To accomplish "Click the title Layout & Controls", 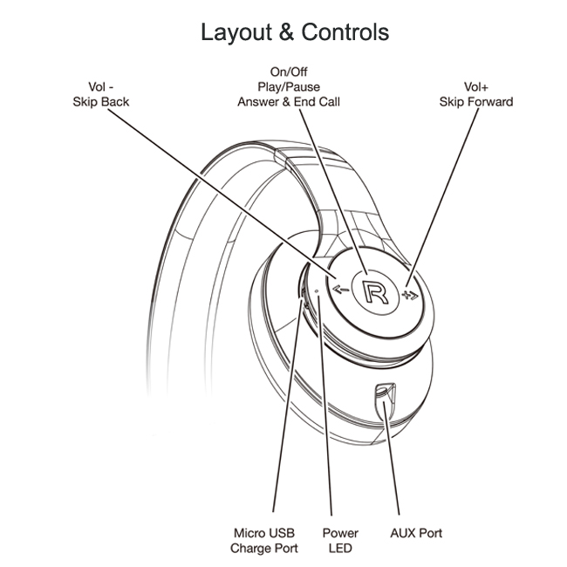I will [295, 33].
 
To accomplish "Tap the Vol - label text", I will [101, 87].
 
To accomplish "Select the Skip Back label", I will [101, 102].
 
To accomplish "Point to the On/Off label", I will [289, 72].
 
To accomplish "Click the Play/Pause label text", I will [289, 87].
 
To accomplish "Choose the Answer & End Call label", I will [289, 102].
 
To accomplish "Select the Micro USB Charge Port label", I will [264, 540].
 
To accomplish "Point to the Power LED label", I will [340, 540].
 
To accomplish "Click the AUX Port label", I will [416, 532].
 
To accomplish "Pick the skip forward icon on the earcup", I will [411, 294].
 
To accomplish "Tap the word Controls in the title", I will [345, 33].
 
